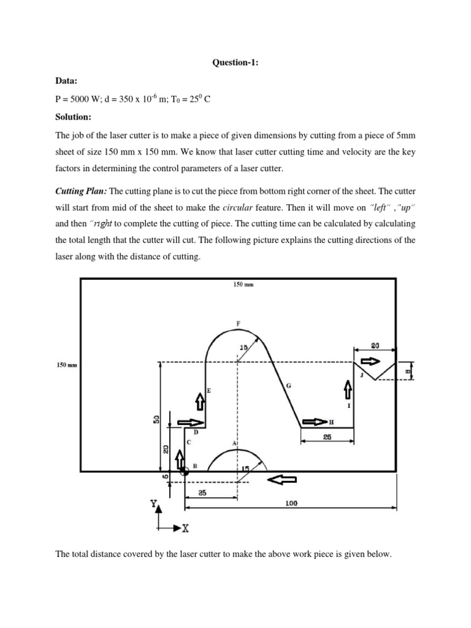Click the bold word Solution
[x=73, y=117]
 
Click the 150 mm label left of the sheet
[x=66, y=366]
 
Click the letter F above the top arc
[x=238, y=323]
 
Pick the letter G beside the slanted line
[x=288, y=386]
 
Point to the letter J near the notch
[x=362, y=375]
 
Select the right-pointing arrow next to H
[x=315, y=422]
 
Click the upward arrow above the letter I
[x=348, y=388]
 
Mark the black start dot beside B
[x=184, y=472]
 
